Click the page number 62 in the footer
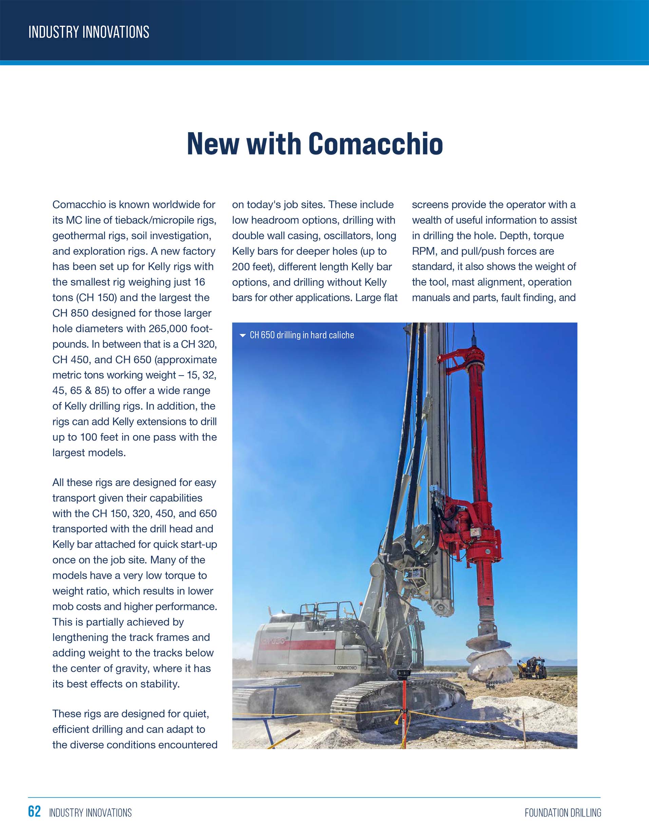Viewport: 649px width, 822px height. pyautogui.click(x=34, y=811)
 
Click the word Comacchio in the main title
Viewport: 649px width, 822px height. pyautogui.click(x=376, y=144)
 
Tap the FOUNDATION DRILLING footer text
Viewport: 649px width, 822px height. pyautogui.click(x=563, y=813)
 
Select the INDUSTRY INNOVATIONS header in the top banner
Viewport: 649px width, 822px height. pyautogui.click(x=89, y=32)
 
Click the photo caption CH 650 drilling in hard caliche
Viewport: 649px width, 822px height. pyautogui.click(x=301, y=335)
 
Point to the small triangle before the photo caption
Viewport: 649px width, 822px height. pyautogui.click(x=243, y=336)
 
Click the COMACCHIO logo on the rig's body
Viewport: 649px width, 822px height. pyautogui.click(x=347, y=667)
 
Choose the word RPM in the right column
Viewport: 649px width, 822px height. pyautogui.click(x=423, y=251)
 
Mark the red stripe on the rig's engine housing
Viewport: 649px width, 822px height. pyautogui.click(x=304, y=644)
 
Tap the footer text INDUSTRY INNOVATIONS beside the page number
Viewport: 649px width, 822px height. pyautogui.click(x=91, y=813)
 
